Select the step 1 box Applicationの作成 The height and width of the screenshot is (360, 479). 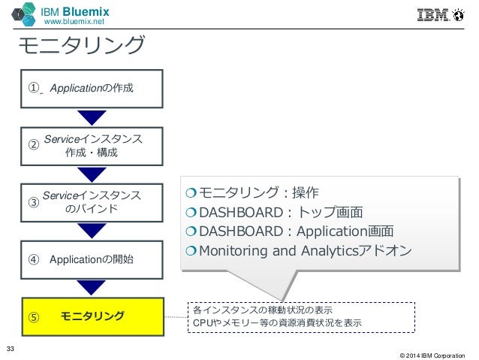click(x=92, y=89)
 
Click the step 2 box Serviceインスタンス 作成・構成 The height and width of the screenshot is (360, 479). click(x=92, y=146)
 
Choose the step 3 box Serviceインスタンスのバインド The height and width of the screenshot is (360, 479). click(x=92, y=202)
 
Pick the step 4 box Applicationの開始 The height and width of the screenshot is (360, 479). click(x=92, y=259)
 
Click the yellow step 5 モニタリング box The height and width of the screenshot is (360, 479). click(x=92, y=316)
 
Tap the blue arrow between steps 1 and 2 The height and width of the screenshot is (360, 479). click(x=92, y=117)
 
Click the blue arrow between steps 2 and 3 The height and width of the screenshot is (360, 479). click(x=92, y=174)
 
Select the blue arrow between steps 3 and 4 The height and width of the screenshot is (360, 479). click(x=92, y=231)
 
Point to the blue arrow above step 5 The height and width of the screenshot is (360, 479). click(x=92, y=287)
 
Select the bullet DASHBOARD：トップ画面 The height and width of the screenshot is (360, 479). click(x=276, y=212)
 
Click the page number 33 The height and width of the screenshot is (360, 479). click(x=11, y=347)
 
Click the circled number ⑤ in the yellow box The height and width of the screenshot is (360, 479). click(x=34, y=316)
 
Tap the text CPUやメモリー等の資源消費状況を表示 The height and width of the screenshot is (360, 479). click(x=277, y=322)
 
